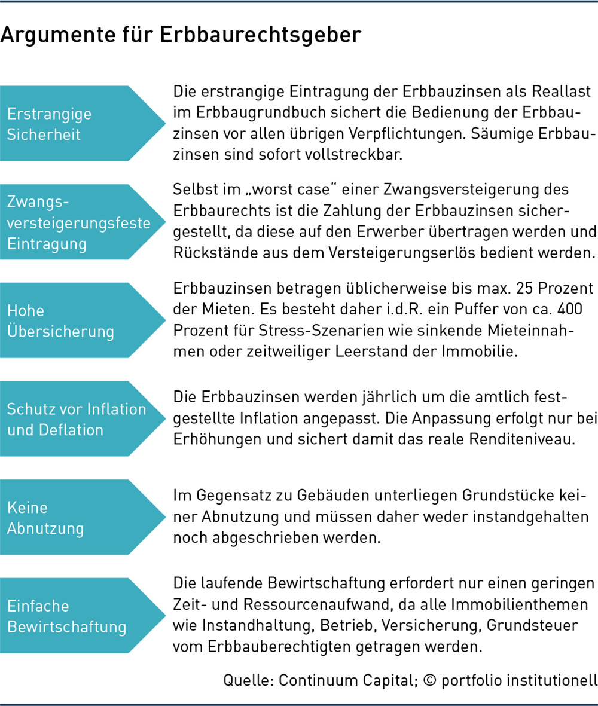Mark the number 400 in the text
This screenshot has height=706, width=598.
click(x=570, y=309)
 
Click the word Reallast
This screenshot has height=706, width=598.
click(x=561, y=91)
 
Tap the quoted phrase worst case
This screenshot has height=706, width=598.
click(x=292, y=190)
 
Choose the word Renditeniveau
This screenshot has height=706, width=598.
click(x=522, y=439)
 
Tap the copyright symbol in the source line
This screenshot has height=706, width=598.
click(x=430, y=680)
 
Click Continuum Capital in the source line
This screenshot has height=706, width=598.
click(x=348, y=680)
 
